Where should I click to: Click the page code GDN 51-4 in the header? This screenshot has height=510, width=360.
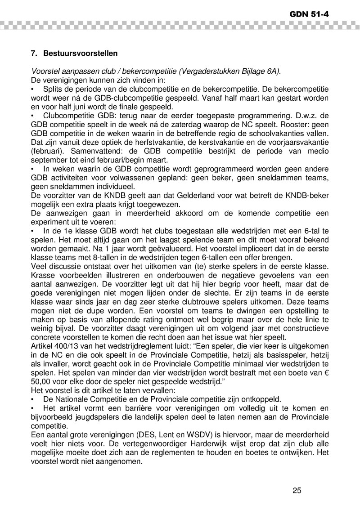(x=309, y=14)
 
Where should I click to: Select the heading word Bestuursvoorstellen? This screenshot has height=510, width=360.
(x=81, y=54)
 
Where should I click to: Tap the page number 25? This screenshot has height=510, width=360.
(x=297, y=490)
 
